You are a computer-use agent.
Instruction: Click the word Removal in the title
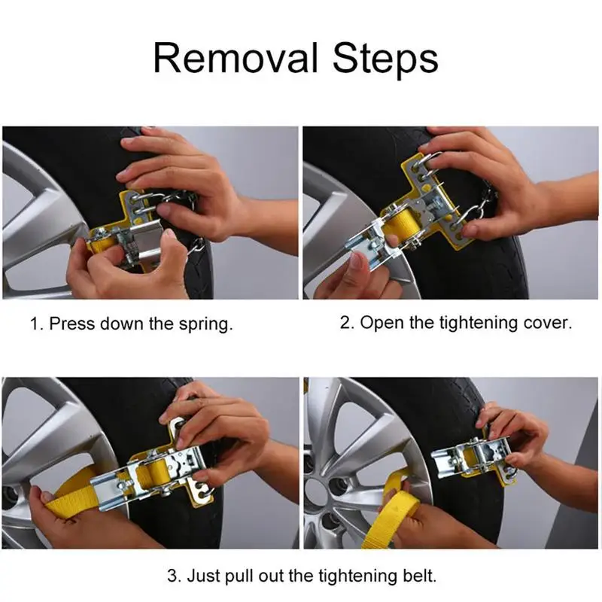coord(236,58)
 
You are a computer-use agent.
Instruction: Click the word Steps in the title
coord(385,59)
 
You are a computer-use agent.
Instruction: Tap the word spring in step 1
coord(205,325)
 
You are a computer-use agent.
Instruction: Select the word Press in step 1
coord(71,324)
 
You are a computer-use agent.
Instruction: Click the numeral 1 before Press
coord(36,324)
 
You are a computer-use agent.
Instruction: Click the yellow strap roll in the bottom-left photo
coord(152,476)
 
